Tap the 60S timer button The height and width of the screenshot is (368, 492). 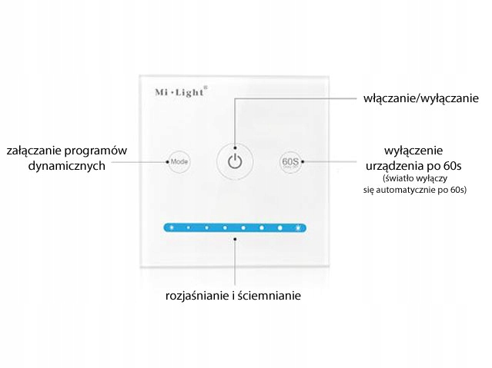click(290, 162)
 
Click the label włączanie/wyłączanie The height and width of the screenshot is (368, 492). click(421, 98)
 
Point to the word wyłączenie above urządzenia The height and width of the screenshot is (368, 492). click(416, 150)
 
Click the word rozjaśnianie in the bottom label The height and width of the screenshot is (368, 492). click(199, 295)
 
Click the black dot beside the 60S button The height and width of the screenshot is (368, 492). click(303, 162)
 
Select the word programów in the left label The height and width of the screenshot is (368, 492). click(100, 150)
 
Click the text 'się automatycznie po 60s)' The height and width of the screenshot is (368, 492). click(416, 188)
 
